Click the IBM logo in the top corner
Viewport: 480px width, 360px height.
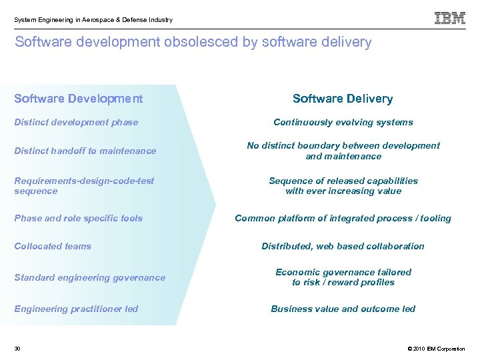pyautogui.click(x=450, y=19)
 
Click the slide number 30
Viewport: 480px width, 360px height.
pyautogui.click(x=17, y=349)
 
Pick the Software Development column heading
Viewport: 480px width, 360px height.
pyautogui.click(x=78, y=99)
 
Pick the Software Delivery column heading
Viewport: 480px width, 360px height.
pyautogui.click(x=343, y=99)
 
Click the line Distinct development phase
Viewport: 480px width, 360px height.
pyautogui.click(x=76, y=122)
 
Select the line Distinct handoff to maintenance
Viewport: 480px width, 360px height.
pyautogui.click(x=85, y=151)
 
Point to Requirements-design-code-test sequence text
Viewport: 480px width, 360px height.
pyautogui.click(x=84, y=185)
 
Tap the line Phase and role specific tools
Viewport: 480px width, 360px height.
pyautogui.click(x=78, y=218)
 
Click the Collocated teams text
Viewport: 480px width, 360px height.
pyautogui.click(x=53, y=246)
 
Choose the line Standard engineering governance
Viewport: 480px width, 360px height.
pyautogui.click(x=89, y=277)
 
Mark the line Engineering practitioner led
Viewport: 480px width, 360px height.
pyautogui.click(x=76, y=309)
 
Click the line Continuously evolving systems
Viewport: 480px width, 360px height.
pyautogui.click(x=343, y=122)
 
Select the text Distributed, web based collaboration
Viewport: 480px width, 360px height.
pyautogui.click(x=343, y=246)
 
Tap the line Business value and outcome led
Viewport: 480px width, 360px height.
pyautogui.click(x=343, y=309)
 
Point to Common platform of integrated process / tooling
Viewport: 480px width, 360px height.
pyautogui.click(x=343, y=218)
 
